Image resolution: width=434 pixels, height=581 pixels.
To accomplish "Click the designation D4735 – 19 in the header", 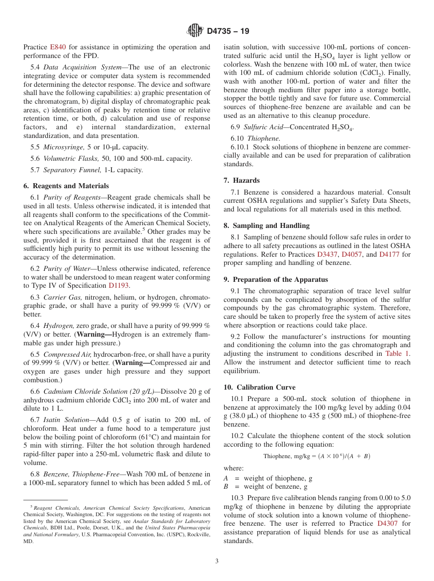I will (228, 32).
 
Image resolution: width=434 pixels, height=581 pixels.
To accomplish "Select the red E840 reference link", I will (58, 47).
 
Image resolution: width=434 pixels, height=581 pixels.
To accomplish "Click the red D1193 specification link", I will (119, 285).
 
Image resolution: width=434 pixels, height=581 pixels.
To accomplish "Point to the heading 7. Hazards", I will (241, 180).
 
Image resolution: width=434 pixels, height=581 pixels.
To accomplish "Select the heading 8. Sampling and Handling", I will (266, 226).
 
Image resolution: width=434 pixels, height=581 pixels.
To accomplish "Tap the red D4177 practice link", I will (389, 254).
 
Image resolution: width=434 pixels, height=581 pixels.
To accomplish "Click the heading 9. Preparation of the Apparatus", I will (275, 280).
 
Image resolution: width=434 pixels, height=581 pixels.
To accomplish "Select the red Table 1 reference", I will (397, 354).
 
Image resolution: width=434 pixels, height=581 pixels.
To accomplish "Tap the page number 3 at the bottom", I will (217, 561).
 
